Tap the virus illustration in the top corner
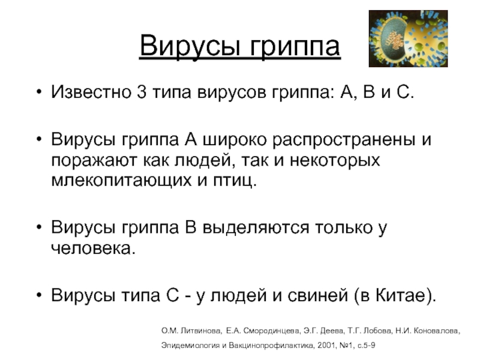pyautogui.click(x=408, y=39)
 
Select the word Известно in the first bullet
pyautogui.click(x=88, y=94)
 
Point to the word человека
pyautogui.click(x=90, y=248)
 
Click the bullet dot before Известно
pyautogui.click(x=39, y=95)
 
